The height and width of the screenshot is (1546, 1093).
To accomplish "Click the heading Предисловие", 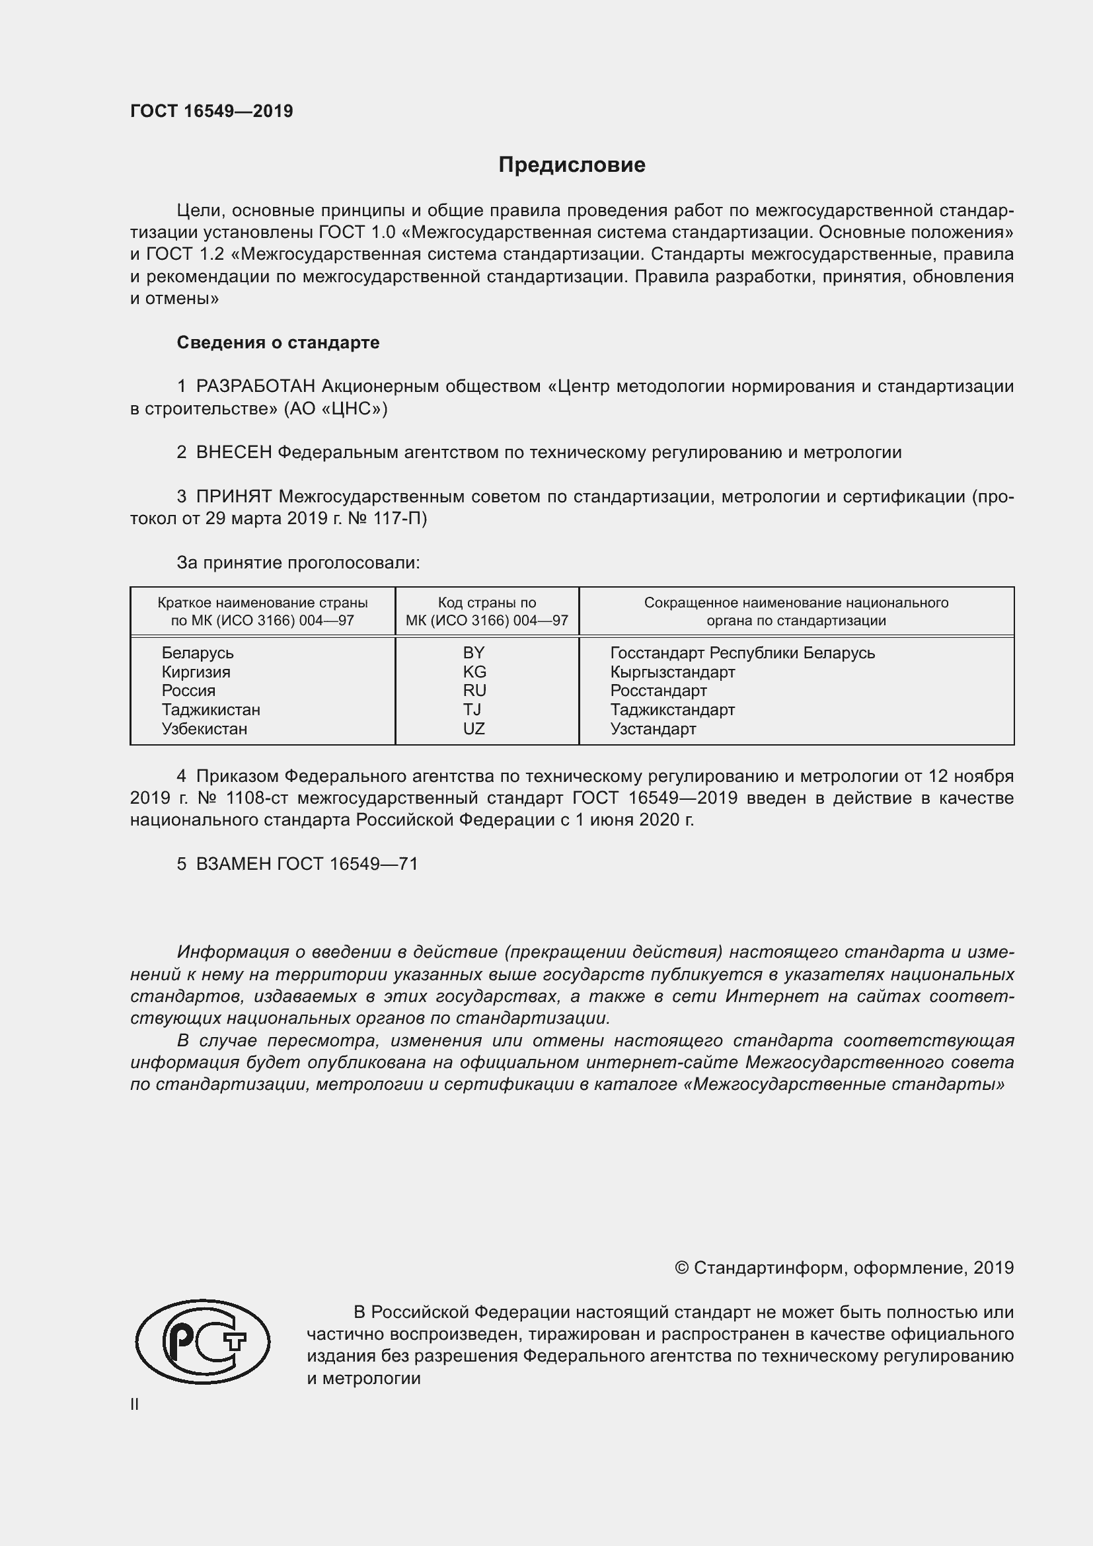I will pyautogui.click(x=572, y=165).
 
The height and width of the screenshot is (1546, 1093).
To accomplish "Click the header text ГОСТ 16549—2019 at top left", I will pyautogui.click(x=211, y=111).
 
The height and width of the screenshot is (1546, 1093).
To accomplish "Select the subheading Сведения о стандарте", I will pyautogui.click(x=278, y=343).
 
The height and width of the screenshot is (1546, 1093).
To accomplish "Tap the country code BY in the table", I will pyautogui.click(x=473, y=652).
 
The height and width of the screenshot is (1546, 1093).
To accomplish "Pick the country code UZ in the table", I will pyautogui.click(x=473, y=728).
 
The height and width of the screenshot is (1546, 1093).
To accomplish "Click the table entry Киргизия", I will pyautogui.click(x=196, y=672).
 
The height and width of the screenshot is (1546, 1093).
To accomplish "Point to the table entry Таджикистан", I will pyautogui.click(x=211, y=710).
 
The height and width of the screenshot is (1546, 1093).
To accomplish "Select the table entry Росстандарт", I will pyautogui.click(x=658, y=691).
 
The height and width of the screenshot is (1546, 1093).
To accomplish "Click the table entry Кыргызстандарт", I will pyautogui.click(x=672, y=672).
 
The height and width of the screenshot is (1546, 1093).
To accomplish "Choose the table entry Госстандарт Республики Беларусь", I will pyautogui.click(x=742, y=652).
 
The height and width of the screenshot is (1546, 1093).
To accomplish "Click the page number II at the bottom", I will pyautogui.click(x=135, y=1405).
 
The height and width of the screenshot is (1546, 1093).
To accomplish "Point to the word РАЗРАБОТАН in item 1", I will pyautogui.click(x=255, y=387).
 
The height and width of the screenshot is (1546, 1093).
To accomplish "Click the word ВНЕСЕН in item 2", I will pyautogui.click(x=233, y=453).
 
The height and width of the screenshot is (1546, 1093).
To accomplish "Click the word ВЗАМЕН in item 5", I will pyautogui.click(x=233, y=864).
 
